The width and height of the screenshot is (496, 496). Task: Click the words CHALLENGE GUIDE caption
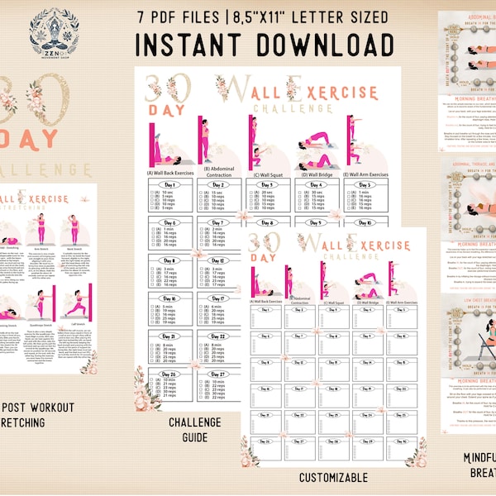196,427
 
